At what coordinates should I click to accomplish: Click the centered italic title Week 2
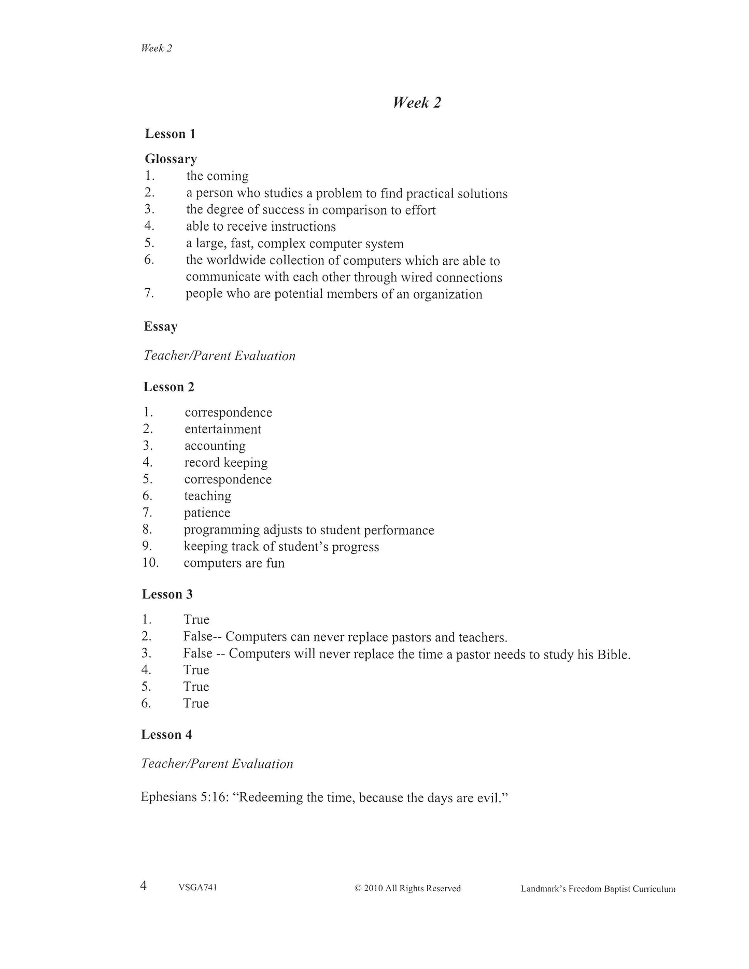coord(417,103)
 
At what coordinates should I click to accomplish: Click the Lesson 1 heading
coord(170,134)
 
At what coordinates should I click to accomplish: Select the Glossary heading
coord(171,159)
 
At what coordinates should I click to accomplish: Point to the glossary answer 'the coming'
coord(217,176)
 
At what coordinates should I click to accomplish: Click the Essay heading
coord(161,326)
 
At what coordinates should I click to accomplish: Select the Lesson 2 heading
coord(169,387)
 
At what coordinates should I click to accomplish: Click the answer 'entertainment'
coord(223,429)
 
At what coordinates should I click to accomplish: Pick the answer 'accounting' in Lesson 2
coord(215,446)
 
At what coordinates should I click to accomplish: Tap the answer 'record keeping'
coord(226,463)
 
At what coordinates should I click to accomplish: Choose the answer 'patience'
coord(207,513)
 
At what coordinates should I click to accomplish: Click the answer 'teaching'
coord(207,496)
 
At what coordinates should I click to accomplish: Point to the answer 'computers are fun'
coord(234,563)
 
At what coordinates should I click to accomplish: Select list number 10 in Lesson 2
coord(150,563)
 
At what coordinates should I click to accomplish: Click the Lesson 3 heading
coord(167,594)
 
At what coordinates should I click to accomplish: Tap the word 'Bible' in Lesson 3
coord(613,654)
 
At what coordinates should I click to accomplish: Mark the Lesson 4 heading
coord(166,735)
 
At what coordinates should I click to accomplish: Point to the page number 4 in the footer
coord(144,886)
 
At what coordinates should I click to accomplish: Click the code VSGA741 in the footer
coord(197,888)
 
